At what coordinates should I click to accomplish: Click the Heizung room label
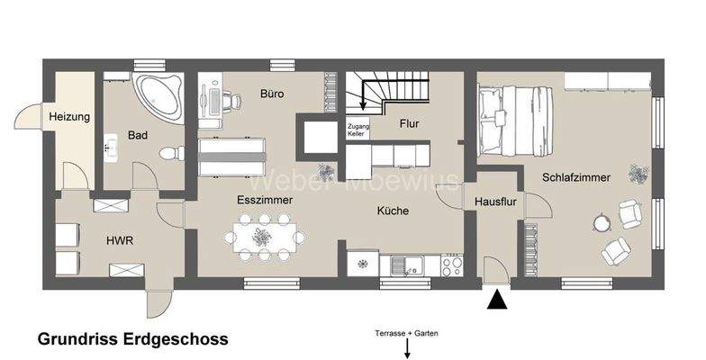[68, 117]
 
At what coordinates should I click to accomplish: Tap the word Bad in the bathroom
[138, 136]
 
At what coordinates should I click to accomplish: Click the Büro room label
[272, 93]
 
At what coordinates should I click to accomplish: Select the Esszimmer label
[264, 200]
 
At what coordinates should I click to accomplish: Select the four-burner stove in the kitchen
[450, 265]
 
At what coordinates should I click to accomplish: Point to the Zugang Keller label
[358, 130]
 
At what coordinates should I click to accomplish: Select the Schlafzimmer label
[576, 178]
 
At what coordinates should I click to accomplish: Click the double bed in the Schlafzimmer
[515, 117]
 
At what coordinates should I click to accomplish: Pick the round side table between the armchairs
[600, 221]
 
